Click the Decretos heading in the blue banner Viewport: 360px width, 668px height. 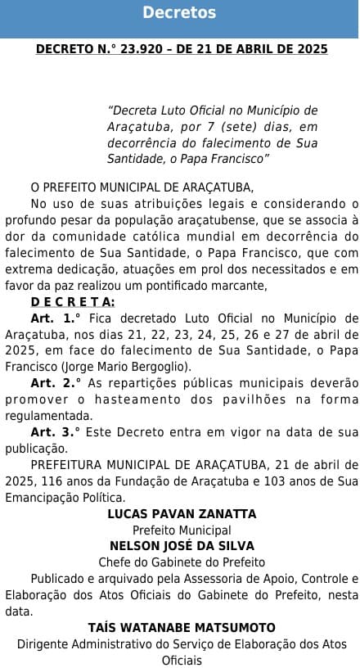point(179,13)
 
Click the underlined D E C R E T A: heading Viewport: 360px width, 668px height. point(73,302)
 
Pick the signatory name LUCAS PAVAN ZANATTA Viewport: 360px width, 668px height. point(182,513)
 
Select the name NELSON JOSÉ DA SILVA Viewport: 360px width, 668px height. point(182,546)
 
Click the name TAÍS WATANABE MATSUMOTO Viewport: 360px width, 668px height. point(182,627)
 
